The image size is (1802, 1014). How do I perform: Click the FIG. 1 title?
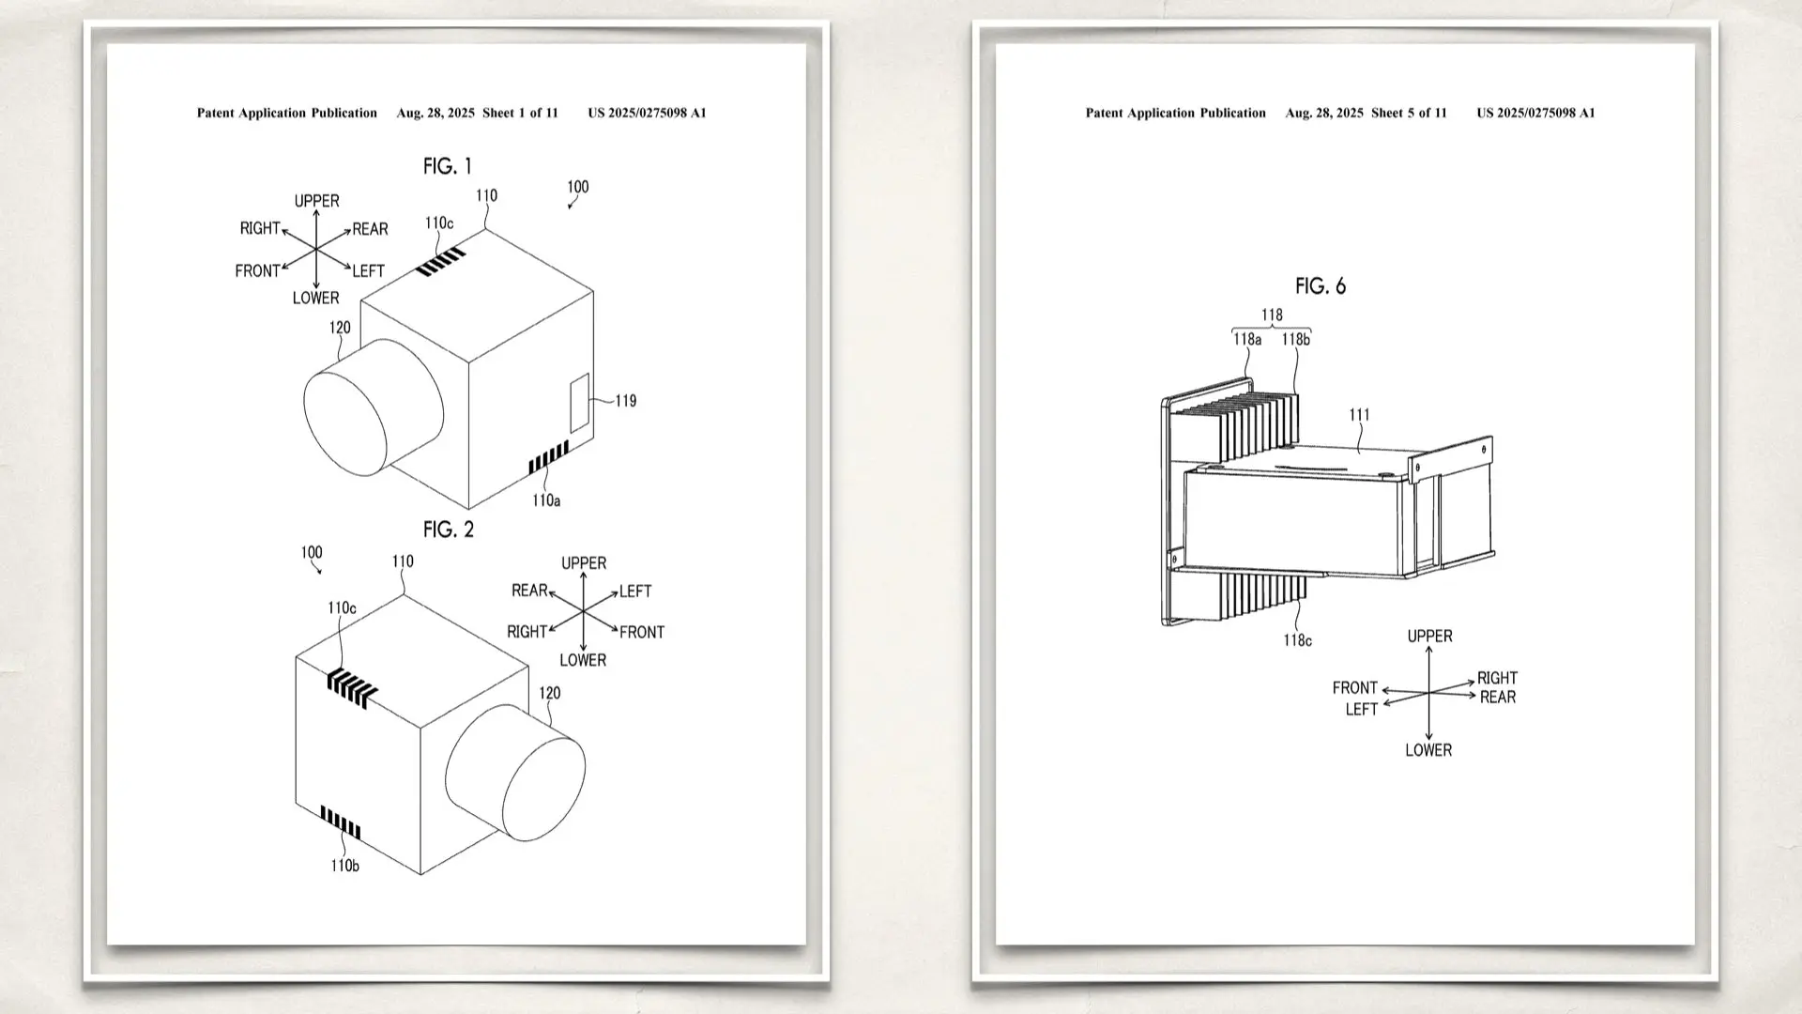(x=448, y=167)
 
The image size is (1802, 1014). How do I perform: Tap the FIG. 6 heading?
(x=1321, y=286)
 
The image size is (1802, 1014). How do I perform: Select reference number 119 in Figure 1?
(x=626, y=401)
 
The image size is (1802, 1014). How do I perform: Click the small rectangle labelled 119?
(x=580, y=402)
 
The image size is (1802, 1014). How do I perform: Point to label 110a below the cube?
(x=546, y=501)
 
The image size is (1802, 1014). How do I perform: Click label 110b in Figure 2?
(x=344, y=866)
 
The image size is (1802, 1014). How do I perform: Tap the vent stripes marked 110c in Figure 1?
(x=441, y=262)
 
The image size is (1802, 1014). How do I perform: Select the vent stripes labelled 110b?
(x=341, y=822)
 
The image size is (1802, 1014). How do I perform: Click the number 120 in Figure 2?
(x=550, y=693)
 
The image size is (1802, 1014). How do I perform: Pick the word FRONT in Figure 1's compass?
(x=257, y=271)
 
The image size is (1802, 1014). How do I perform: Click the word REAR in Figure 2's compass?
(x=529, y=591)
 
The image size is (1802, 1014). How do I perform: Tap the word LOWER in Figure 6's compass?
(x=1428, y=750)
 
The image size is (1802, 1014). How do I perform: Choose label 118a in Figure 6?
(x=1247, y=340)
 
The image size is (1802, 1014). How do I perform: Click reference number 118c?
(x=1298, y=640)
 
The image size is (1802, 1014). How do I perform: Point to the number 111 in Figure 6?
(x=1359, y=415)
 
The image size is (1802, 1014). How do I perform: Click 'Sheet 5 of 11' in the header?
(x=1409, y=113)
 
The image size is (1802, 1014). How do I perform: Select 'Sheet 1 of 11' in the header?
(x=520, y=113)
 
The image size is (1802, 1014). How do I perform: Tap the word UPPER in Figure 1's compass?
(x=317, y=201)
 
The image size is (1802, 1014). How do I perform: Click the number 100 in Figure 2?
(x=312, y=553)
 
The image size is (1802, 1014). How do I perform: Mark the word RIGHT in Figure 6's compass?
(x=1497, y=678)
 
